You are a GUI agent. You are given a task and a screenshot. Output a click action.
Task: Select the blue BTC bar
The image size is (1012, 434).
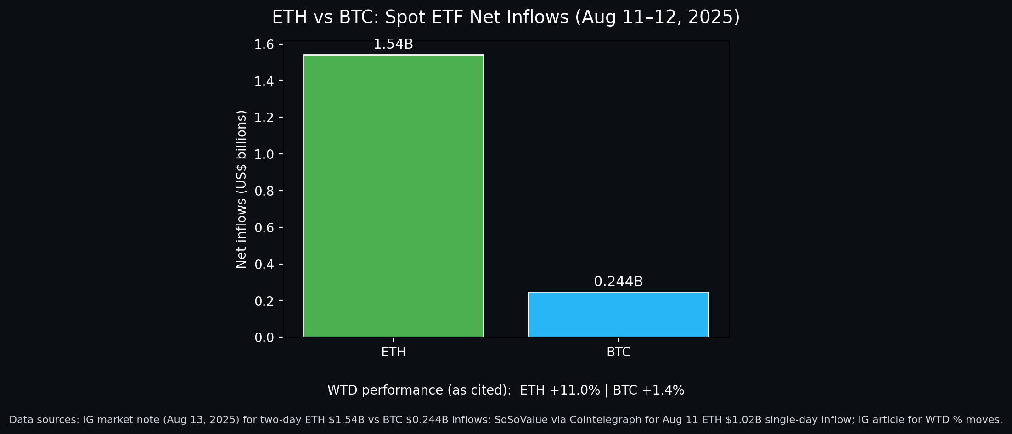pos(618,315)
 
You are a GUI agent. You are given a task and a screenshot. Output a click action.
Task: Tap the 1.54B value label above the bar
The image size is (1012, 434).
pos(393,45)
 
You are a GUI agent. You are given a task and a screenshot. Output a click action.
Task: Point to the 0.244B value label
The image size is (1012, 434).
pos(618,282)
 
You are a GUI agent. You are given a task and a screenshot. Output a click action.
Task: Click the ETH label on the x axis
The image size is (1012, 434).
pos(394,352)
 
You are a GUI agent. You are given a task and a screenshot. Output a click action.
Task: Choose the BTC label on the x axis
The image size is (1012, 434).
pos(618,352)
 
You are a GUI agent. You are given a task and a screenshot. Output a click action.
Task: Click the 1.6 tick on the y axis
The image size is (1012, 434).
pos(264,45)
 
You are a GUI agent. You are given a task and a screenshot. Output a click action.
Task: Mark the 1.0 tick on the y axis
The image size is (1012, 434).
pos(264,154)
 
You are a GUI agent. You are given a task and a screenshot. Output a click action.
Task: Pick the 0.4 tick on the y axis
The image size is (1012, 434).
pos(264,265)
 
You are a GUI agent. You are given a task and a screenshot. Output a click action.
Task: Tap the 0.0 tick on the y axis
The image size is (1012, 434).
pos(264,338)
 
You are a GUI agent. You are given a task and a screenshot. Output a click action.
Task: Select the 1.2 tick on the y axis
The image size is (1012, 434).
pos(264,118)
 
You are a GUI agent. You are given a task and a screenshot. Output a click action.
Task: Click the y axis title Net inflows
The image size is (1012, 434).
pos(242,189)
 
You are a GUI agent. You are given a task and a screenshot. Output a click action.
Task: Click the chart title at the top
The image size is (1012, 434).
pos(506,17)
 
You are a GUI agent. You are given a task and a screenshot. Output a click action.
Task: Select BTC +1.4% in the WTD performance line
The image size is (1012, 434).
pos(648,390)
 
